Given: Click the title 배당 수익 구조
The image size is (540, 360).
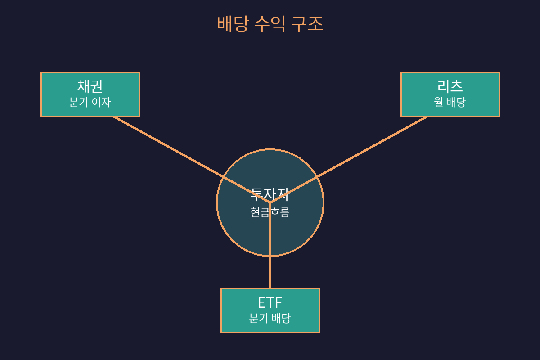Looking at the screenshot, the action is [270, 24].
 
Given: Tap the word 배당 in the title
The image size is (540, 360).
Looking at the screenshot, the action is [232, 24].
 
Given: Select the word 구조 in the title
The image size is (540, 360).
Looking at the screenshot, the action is [307, 24].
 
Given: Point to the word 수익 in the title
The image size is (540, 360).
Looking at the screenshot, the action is [270, 24].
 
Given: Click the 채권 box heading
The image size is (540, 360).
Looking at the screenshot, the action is [90, 86].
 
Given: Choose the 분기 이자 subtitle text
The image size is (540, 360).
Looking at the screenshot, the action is [90, 102].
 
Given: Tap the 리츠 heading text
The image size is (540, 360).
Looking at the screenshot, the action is [450, 86].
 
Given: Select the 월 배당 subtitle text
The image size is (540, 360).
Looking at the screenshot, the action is [450, 102].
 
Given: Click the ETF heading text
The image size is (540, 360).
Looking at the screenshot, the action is [270, 302].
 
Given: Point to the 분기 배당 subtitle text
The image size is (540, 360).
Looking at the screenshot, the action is [270, 318].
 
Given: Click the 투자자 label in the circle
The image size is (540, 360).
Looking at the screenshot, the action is [270, 194].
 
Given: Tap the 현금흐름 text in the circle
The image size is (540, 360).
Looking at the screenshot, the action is [270, 212].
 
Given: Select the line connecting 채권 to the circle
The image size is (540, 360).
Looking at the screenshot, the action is [180, 153].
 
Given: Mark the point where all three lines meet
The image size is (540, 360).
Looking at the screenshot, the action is [270, 202].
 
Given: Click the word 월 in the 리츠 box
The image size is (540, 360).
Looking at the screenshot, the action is [439, 102].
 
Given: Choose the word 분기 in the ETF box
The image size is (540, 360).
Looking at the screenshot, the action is [259, 318].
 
